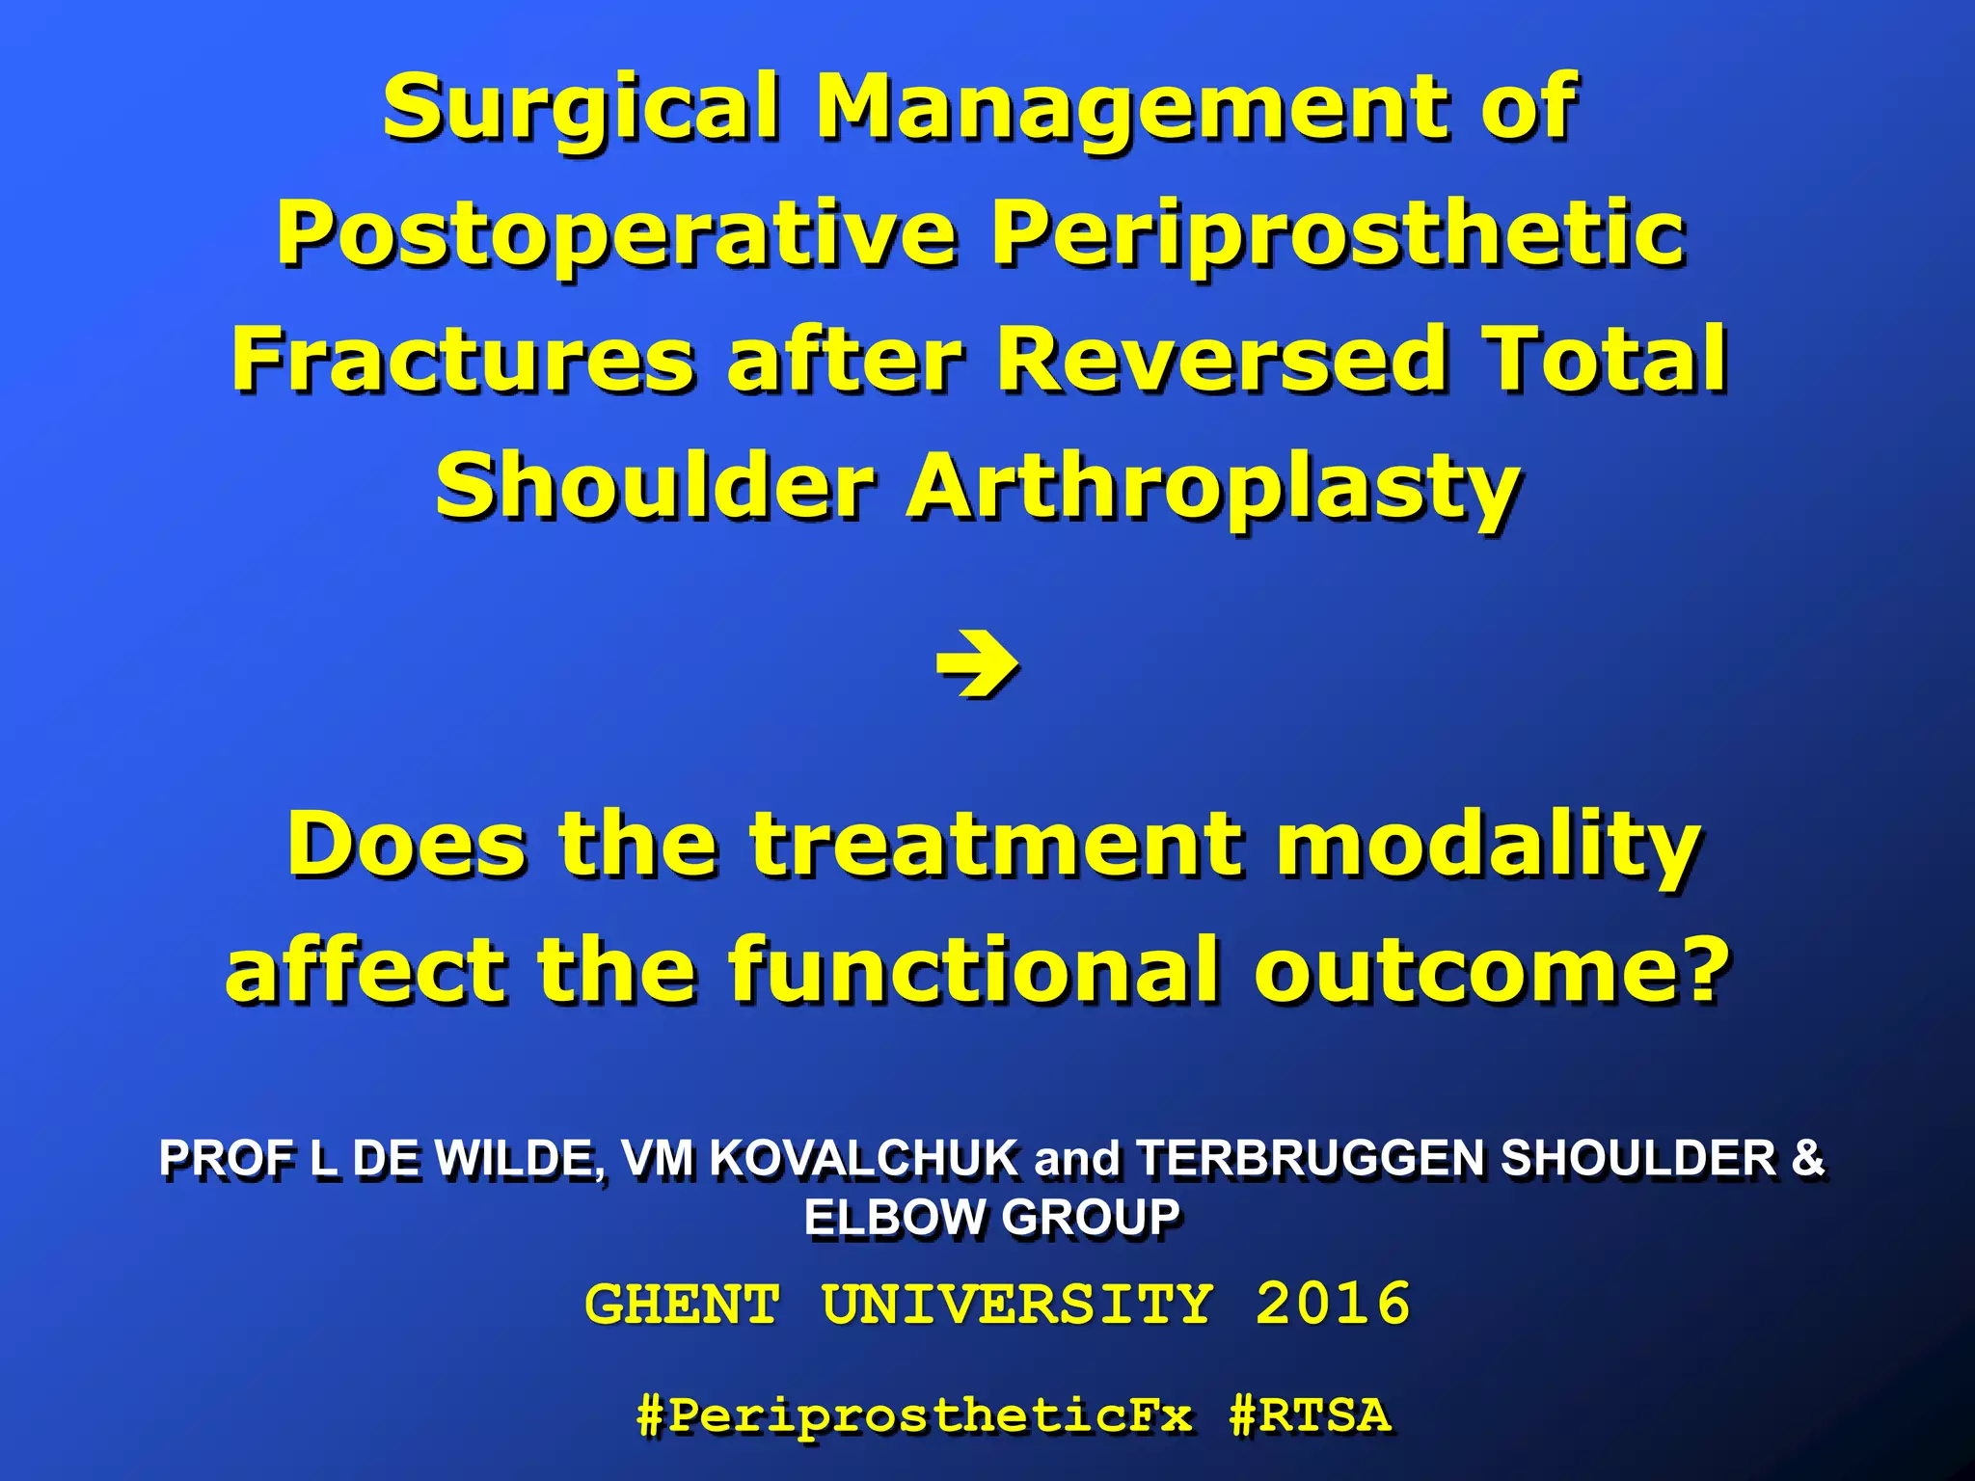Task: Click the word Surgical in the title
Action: [579, 108]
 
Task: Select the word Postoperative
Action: [617, 234]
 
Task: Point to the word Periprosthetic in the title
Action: [1339, 234]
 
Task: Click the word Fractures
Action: [463, 360]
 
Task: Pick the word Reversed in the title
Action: [1221, 360]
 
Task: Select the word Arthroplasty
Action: [1213, 488]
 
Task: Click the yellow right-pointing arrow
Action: [976, 664]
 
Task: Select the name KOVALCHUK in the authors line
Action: [864, 1158]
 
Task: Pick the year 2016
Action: [1333, 1305]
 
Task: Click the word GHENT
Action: [682, 1305]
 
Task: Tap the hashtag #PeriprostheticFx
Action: [914, 1415]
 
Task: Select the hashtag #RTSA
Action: [1311, 1415]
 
